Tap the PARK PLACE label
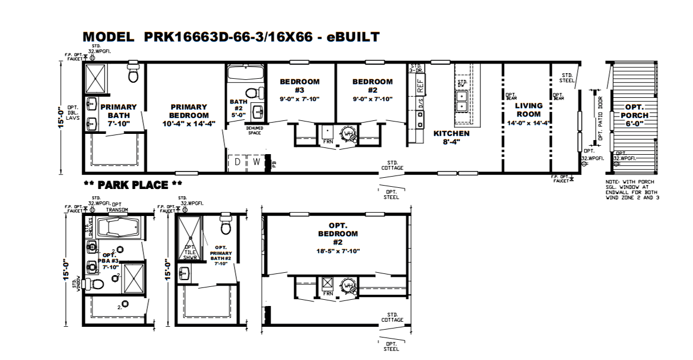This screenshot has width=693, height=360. click(x=133, y=184)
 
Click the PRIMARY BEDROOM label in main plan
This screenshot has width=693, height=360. click(x=188, y=115)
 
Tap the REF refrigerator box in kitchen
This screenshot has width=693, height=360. click(x=420, y=85)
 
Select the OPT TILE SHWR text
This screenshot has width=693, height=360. click(x=190, y=252)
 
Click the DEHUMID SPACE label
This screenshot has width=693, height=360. click(x=254, y=130)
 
